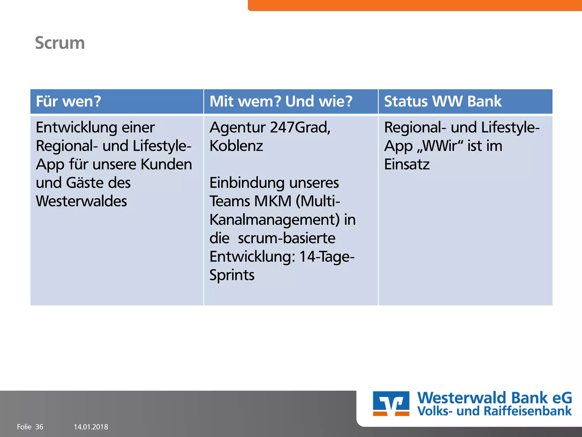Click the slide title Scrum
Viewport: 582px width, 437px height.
[x=60, y=43]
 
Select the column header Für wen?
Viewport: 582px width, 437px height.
[x=68, y=101]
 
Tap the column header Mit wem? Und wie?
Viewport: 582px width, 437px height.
[x=281, y=101]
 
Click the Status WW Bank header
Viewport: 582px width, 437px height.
[x=442, y=101]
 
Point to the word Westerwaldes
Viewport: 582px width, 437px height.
[x=81, y=201]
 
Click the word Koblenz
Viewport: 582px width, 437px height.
[x=236, y=146]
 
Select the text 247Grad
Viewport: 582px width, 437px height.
[x=300, y=127]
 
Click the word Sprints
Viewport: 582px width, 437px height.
[x=232, y=275]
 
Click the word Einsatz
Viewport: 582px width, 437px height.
[x=407, y=164]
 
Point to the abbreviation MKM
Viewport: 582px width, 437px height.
[x=273, y=201]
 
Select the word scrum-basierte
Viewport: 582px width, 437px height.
[x=286, y=238]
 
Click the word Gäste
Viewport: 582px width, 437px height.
[x=84, y=183]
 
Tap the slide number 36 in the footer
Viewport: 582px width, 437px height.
[x=39, y=427]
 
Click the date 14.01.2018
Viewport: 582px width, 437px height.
[x=91, y=427]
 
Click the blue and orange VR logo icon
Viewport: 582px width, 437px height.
[x=391, y=403]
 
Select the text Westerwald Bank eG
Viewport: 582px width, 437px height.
[x=494, y=397]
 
